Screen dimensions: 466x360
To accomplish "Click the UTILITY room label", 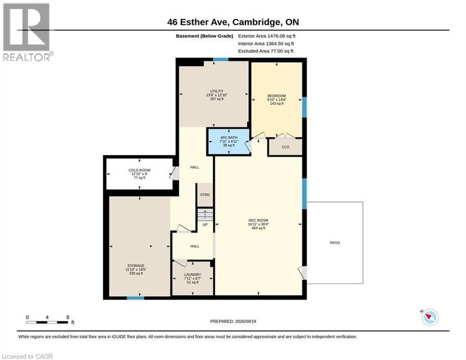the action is [x=216, y=91].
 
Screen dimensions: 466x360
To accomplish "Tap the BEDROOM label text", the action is [x=276, y=96].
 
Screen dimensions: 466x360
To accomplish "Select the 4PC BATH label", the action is [x=228, y=138].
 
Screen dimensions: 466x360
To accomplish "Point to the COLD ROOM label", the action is [x=139, y=170].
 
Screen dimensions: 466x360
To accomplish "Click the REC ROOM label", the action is [x=258, y=220].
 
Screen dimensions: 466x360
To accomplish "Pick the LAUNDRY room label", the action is [x=193, y=275].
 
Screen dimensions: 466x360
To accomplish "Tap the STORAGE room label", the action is [x=136, y=265].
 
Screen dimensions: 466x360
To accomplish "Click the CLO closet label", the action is [x=285, y=147].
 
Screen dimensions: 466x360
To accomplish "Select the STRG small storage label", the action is [x=205, y=195].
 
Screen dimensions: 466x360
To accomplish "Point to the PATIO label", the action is [x=334, y=243].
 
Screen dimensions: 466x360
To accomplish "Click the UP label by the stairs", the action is [x=205, y=225].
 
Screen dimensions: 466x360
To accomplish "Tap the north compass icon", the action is [x=430, y=317].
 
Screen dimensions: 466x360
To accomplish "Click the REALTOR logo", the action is [x=28, y=32].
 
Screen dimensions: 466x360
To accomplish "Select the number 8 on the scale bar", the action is [x=68, y=317].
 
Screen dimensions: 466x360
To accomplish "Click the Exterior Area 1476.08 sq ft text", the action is [x=267, y=36].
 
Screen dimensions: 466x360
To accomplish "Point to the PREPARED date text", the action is [x=233, y=321].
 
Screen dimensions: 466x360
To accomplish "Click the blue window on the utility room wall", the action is [x=221, y=60].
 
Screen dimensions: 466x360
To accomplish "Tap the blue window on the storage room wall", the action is [x=136, y=297].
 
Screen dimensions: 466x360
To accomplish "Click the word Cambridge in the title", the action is [x=256, y=22].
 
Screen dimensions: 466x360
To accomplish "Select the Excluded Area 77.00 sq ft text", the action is [x=266, y=51].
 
